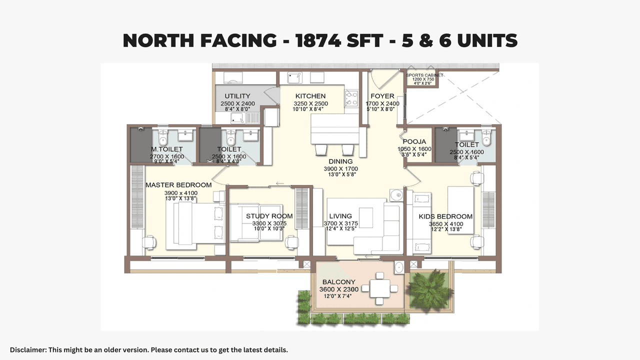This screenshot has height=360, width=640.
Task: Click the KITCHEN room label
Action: tap(310, 96)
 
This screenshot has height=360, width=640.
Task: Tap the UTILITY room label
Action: tap(237, 96)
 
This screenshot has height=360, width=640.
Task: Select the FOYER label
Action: tap(382, 96)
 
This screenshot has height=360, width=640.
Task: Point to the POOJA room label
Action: tap(414, 142)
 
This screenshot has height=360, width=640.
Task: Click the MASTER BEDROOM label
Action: tap(178, 185)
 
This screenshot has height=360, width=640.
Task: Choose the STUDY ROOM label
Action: tap(269, 216)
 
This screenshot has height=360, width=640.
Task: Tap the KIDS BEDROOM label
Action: tap(445, 216)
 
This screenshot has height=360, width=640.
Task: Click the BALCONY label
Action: tap(338, 282)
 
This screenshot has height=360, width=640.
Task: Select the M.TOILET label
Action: tap(167, 149)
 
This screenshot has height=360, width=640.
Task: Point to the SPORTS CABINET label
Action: tap(424, 75)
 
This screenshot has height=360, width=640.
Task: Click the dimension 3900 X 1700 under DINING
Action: tap(340, 169)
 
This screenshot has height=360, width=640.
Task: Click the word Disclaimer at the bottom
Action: tap(28, 349)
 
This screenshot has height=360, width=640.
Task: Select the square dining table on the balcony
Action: tap(379, 288)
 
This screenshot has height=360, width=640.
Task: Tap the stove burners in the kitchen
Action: tap(351, 97)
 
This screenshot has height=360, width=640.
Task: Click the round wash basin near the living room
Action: tap(396, 194)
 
